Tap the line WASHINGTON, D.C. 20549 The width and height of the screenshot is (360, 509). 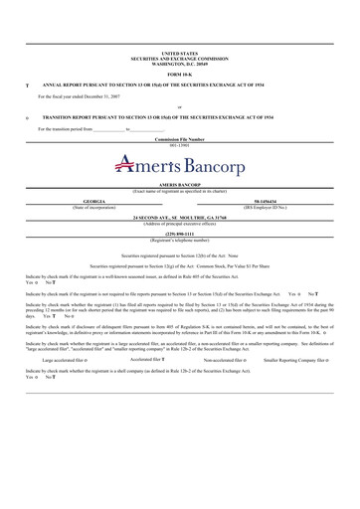179,63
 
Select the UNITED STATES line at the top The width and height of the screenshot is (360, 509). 179,53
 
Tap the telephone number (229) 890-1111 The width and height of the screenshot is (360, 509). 179,234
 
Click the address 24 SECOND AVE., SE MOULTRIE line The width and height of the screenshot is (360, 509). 179,217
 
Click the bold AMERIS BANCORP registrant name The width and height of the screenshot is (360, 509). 179,185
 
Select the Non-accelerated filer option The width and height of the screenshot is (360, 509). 229,387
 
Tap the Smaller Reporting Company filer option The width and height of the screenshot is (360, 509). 299,387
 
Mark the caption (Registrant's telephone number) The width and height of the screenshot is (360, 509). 179,240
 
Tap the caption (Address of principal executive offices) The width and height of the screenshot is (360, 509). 179,223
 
